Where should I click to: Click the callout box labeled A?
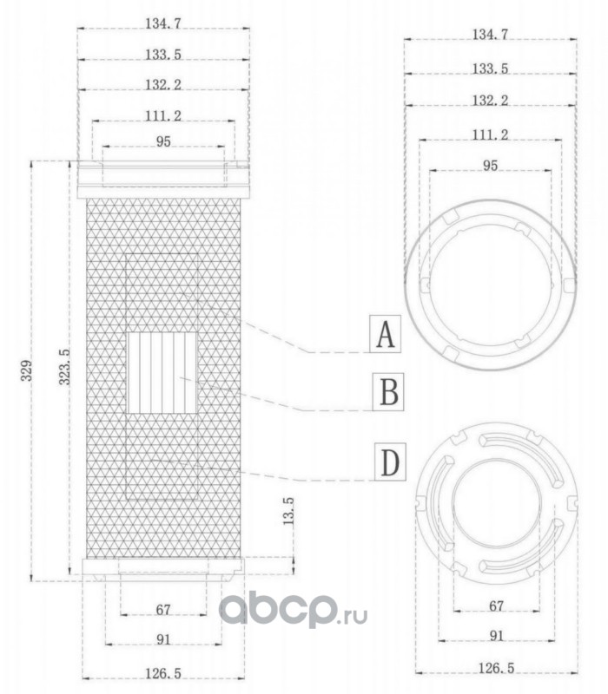[385, 334]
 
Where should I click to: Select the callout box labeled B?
[388, 392]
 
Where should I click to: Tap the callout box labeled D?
[390, 462]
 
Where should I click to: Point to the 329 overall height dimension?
[28, 370]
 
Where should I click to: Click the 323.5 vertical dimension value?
[65, 366]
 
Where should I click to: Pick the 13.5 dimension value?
[288, 511]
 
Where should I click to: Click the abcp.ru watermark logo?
[293, 610]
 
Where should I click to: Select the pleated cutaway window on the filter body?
[162, 373]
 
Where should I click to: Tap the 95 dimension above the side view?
[163, 141]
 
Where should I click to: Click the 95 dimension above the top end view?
[490, 166]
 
